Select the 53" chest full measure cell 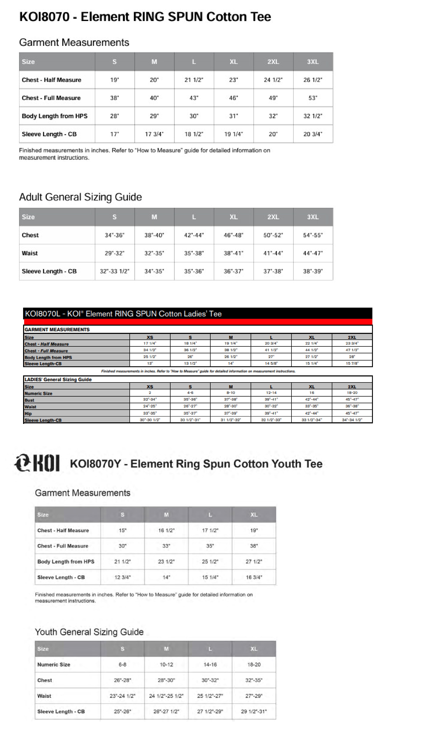tap(313, 98)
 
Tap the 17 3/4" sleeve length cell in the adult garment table tap(154, 134)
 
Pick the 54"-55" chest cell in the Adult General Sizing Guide tap(313, 235)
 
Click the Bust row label tap(29, 400)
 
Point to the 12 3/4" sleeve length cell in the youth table tap(122, 577)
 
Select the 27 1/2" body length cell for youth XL tap(254, 562)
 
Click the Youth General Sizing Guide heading tap(89, 632)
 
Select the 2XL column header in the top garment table tap(273, 62)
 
